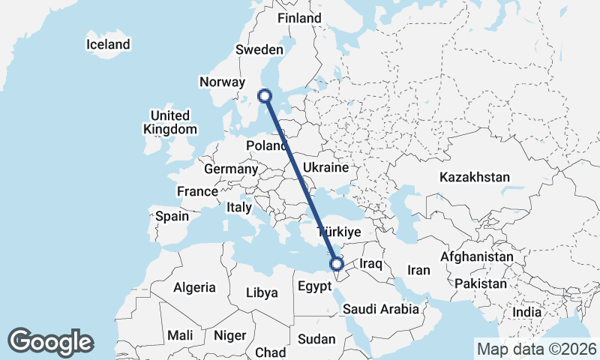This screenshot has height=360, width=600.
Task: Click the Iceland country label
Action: (x=108, y=44)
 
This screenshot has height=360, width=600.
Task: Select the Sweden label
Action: (x=259, y=49)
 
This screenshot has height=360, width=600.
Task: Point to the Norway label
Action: (x=223, y=82)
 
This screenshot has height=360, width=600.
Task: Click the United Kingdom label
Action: (x=169, y=122)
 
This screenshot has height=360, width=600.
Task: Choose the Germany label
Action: (x=230, y=169)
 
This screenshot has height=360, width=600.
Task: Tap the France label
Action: (x=197, y=192)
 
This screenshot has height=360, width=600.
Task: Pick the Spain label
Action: (x=172, y=216)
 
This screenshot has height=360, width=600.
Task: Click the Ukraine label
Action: (x=325, y=167)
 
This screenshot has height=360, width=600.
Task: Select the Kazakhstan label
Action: (x=475, y=178)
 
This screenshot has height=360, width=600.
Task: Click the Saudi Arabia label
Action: (x=380, y=309)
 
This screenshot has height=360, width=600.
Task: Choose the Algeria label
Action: (x=194, y=287)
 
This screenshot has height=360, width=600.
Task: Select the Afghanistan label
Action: (x=477, y=256)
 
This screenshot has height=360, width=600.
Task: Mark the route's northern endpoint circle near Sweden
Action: (x=264, y=95)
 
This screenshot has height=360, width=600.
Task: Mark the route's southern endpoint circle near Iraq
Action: (x=337, y=263)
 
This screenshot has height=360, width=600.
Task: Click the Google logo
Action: (x=50, y=342)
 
